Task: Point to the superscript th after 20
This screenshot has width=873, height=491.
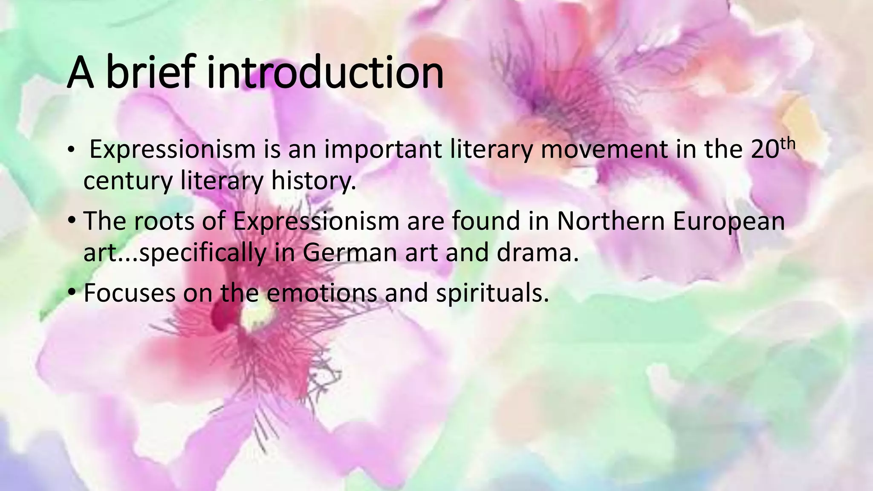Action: point(785,144)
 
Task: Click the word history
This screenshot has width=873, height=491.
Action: point(314,181)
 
